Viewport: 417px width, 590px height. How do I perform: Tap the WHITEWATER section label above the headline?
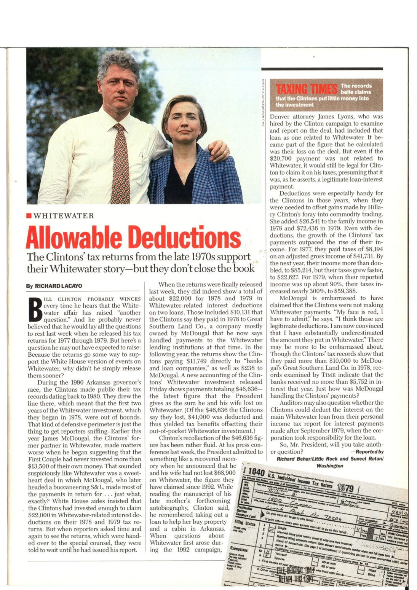[63, 216]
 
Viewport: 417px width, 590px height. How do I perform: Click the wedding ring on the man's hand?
[225, 152]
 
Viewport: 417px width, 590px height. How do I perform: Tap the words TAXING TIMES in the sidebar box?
[307, 89]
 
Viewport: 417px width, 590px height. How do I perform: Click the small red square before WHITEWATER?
[29, 216]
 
